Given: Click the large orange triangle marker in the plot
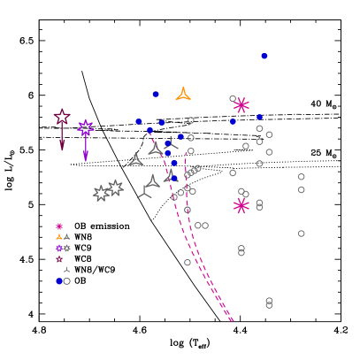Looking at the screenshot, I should pyautogui.click(x=183, y=94).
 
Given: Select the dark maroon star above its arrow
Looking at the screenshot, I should pyautogui.click(x=62, y=117).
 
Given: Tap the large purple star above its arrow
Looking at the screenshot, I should pyautogui.click(x=86, y=127).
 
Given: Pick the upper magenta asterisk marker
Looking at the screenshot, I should pyautogui.click(x=241, y=105).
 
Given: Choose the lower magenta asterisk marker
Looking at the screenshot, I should pyautogui.click(x=241, y=206).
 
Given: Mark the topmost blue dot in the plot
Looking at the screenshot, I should pyautogui.click(x=264, y=56).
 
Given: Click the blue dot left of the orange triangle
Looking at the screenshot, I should pyautogui.click(x=156, y=94).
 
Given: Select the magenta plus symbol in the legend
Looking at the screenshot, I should pyautogui.click(x=59, y=226).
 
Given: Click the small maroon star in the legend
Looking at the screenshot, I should pyautogui.click(x=59, y=259).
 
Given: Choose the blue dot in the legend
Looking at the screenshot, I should pyautogui.click(x=59, y=281).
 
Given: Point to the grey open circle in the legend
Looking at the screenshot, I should pyautogui.click(x=67, y=281).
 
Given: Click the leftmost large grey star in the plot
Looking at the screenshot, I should pyautogui.click(x=101, y=193).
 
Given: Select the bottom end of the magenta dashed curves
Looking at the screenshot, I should pyautogui.click(x=233, y=320).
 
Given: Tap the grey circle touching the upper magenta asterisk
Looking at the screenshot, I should pyautogui.click(x=233, y=99).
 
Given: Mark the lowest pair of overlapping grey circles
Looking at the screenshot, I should pyautogui.click(x=269, y=303).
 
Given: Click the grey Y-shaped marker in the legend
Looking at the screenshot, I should pyautogui.click(x=66, y=270).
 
